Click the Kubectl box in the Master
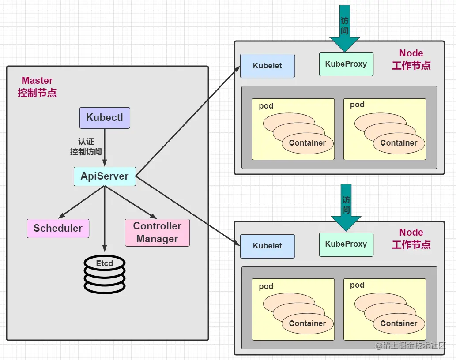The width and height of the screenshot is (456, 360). (105, 118)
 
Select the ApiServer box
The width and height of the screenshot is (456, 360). (105, 176)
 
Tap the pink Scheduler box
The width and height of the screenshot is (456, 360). (58, 229)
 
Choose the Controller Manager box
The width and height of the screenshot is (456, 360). (157, 232)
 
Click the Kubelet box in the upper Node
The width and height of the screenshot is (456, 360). (268, 66)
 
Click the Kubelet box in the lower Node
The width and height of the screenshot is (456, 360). (268, 246)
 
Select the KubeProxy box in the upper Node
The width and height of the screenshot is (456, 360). (346, 64)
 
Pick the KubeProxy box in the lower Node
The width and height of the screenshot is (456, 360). (346, 244)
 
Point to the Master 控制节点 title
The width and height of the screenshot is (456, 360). (37, 87)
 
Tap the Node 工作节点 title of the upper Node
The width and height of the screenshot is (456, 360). (411, 60)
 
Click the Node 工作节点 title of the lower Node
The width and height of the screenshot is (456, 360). (411, 239)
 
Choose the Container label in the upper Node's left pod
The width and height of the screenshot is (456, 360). (307, 143)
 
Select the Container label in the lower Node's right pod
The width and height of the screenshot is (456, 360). (399, 323)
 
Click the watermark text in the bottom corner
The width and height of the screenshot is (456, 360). (411, 346)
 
